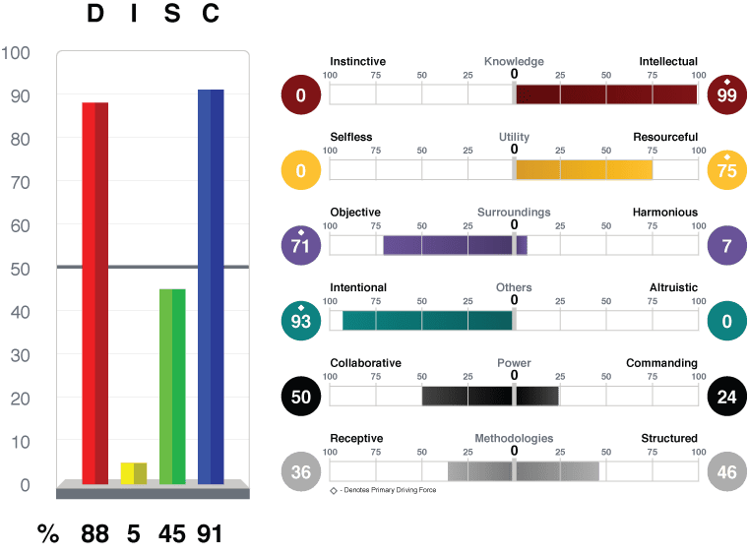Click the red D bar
pos(94,293)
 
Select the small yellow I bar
pos(134,473)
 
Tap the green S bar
pos(172,387)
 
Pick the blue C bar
pos(211,286)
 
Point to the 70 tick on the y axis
pos(20,183)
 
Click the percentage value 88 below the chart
pos(94,533)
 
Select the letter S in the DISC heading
pos(172,13)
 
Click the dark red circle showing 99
pos(726,94)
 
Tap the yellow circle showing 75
pos(726,169)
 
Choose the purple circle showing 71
pos(300,245)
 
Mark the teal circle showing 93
pos(300,321)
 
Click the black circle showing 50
pos(300,397)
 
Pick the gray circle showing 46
pos(726,471)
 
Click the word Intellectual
pos(668,61)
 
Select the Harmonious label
pos(665,212)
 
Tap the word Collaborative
pos(365,363)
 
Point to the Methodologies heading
pos(514,438)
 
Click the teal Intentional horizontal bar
pos(427,321)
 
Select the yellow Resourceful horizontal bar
pos(584,169)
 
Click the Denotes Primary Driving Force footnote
pos(383,490)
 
